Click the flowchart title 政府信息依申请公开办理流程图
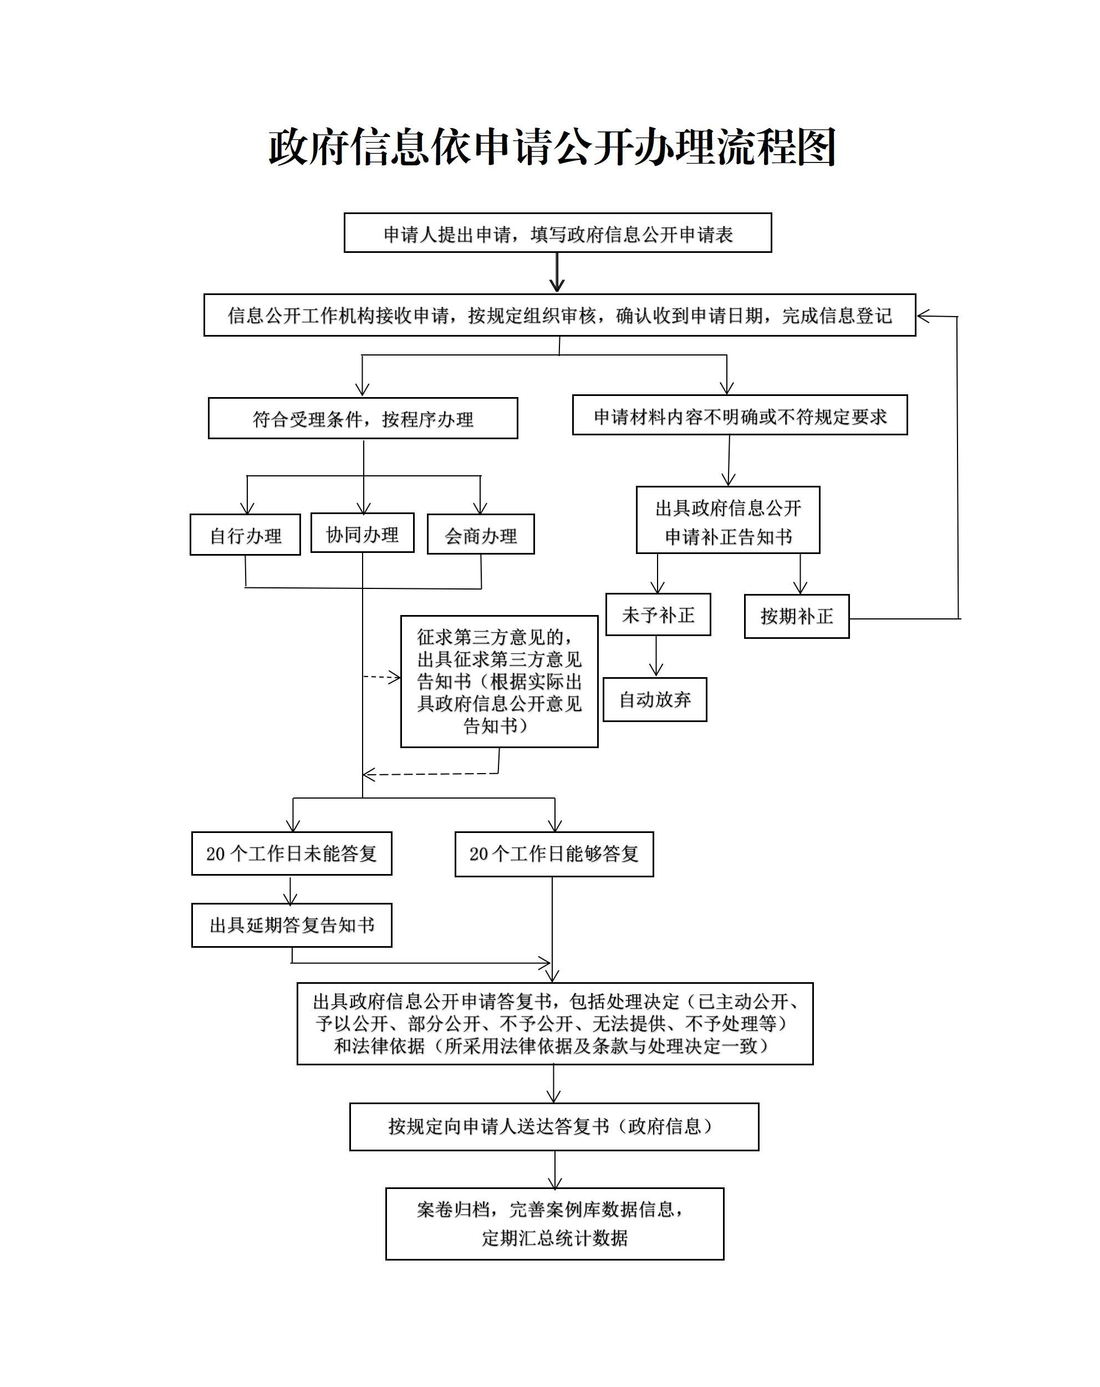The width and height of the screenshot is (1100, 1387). coord(551,148)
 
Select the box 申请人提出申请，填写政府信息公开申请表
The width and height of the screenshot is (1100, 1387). coord(557,233)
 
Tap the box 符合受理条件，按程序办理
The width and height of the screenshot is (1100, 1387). coord(363,418)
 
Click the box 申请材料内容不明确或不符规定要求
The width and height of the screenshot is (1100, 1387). coord(739,415)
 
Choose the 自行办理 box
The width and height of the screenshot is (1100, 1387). coord(245,535)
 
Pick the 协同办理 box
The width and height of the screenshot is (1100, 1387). coord(362,534)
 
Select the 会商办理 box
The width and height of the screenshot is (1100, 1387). coord(481,535)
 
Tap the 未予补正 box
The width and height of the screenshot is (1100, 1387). coord(658,615)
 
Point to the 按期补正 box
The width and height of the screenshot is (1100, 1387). coord(796,616)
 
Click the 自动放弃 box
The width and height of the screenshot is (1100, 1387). coord(655,699)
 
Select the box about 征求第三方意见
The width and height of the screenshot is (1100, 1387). coord(499,681)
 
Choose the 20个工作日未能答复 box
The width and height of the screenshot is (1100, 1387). coord(292,853)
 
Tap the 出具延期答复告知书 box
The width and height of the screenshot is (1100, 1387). coord(292,925)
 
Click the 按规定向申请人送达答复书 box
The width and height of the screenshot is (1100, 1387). coord(554,1126)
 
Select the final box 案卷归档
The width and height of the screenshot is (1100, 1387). coord(554,1223)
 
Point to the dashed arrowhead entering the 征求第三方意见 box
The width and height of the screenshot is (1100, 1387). coord(394,677)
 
